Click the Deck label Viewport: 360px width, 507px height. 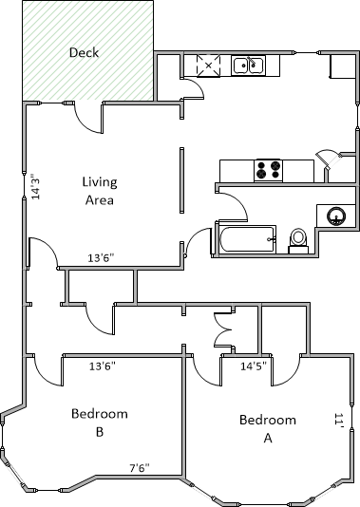[84, 52]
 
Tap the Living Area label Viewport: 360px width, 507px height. [100, 191]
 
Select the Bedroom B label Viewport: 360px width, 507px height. [100, 422]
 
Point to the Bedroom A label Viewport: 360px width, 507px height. [268, 429]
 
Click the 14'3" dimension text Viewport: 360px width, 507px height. [35, 187]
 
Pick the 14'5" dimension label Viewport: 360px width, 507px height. [254, 366]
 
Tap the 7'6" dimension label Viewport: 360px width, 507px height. [140, 468]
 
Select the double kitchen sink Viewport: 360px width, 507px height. [248, 66]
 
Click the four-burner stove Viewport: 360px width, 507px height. [268, 170]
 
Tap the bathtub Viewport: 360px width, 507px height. [247, 239]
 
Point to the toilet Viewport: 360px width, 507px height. [298, 241]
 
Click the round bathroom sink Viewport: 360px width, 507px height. [336, 216]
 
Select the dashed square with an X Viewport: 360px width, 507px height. [209, 66]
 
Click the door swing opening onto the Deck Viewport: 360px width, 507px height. [88, 119]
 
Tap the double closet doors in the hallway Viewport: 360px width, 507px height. [224, 329]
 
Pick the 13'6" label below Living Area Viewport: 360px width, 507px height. [102, 258]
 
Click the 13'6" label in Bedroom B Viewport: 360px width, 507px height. [103, 366]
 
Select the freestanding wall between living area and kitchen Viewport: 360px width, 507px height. [182, 180]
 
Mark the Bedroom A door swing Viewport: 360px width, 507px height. [287, 371]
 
